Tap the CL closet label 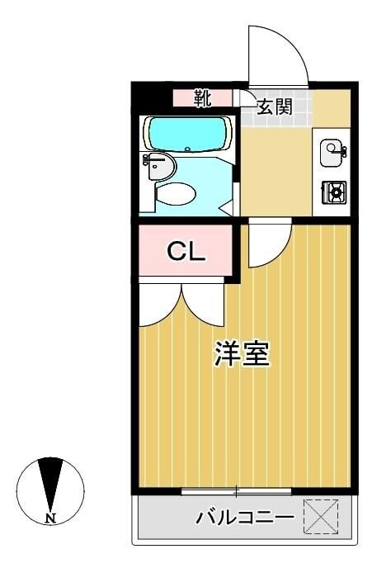[186, 252]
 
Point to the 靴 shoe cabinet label [203, 98]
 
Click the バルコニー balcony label [245, 518]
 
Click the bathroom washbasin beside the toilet [159, 167]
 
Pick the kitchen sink [332, 149]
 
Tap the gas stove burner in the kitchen [333, 193]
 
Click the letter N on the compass [50, 518]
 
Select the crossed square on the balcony [321, 517]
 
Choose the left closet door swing [159, 305]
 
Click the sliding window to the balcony [236, 492]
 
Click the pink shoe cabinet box [202, 98]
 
